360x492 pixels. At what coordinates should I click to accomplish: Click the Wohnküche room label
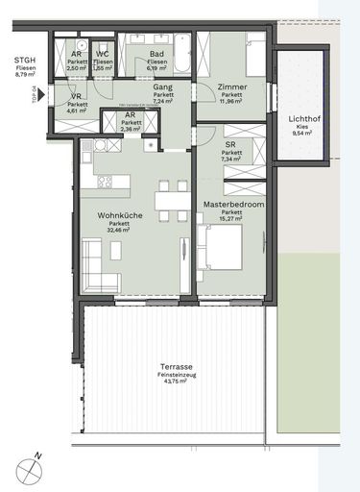[119, 215]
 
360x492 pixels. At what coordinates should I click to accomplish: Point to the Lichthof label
[305, 119]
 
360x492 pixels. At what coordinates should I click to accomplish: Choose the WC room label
[103, 54]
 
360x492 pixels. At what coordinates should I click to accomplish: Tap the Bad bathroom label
[156, 54]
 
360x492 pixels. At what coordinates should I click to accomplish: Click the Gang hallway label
[162, 87]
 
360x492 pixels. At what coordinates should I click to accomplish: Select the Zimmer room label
[230, 86]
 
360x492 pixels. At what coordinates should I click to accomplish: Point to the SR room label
[230, 144]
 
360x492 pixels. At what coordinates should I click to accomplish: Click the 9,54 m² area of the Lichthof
[305, 135]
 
